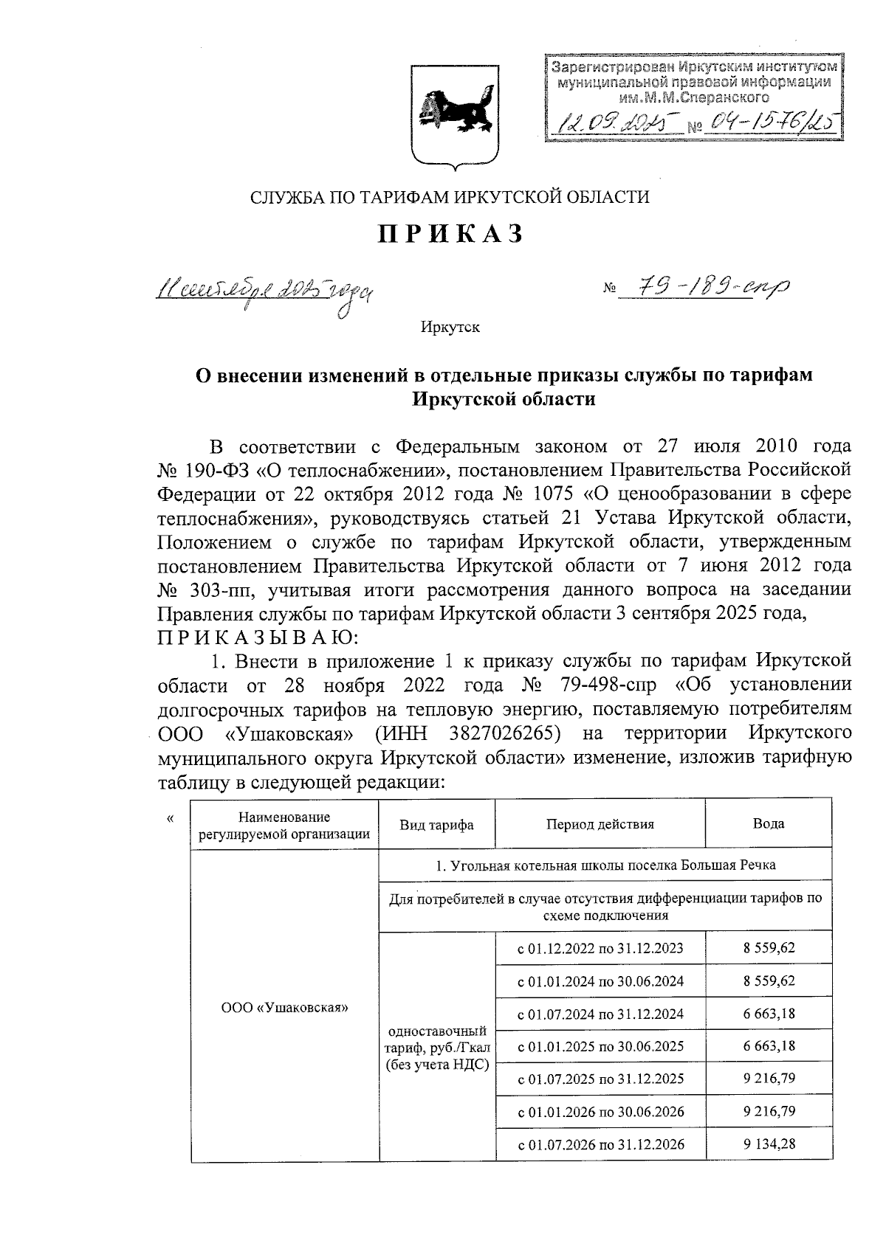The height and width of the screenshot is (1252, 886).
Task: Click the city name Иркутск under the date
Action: (450, 327)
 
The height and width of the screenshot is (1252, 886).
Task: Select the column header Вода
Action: (768, 824)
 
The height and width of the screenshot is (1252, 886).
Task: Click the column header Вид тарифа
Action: (436, 824)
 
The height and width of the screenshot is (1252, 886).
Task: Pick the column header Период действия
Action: (600, 824)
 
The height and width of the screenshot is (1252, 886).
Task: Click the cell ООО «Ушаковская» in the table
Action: (284, 1006)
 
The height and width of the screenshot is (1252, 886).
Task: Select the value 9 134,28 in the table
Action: (769, 1144)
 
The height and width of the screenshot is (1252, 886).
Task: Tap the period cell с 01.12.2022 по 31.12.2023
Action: (600, 948)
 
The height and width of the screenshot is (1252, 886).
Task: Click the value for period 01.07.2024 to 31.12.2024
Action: (769, 1013)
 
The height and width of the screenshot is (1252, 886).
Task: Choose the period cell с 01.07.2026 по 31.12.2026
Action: (600, 1144)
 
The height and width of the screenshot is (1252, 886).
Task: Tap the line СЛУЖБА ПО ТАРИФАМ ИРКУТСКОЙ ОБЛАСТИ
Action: (450, 197)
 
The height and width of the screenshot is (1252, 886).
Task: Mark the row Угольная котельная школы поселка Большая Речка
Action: (605, 865)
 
